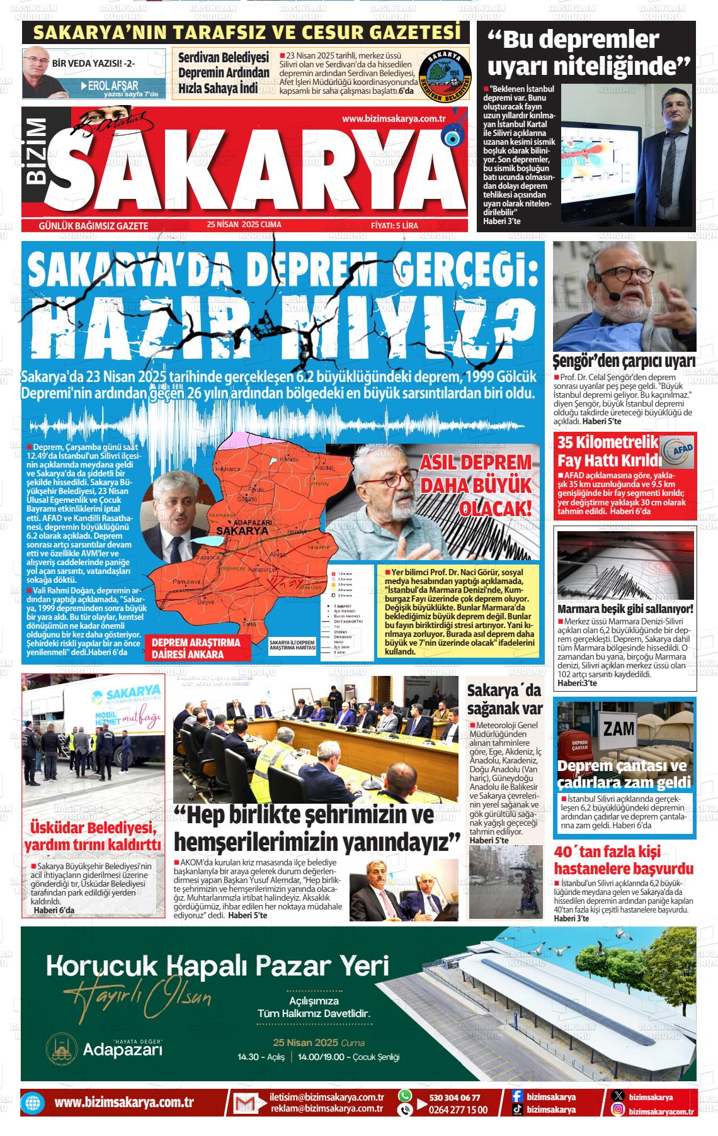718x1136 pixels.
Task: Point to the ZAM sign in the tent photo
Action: [618, 728]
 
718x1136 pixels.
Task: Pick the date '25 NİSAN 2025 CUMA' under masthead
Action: [244, 225]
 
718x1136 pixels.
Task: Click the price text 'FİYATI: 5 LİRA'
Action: [395, 225]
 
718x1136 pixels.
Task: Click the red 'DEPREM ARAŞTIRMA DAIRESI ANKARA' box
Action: [197, 648]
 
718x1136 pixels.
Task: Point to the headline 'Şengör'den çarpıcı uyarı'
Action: [624, 361]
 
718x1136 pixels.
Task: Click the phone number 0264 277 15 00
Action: [458, 1110]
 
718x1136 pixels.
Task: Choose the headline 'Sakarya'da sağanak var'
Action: [504, 699]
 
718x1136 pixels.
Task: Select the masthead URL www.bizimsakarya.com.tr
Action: [394, 119]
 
